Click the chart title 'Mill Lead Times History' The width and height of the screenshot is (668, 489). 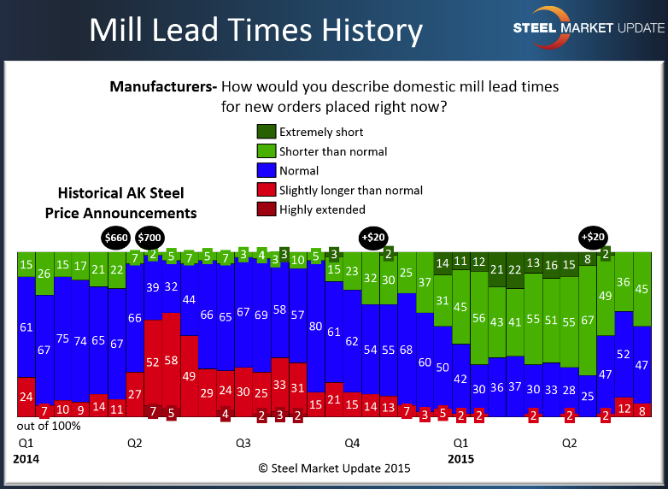point(256,31)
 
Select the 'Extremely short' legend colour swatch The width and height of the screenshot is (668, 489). point(266,132)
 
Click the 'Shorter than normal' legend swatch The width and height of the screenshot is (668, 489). point(266,151)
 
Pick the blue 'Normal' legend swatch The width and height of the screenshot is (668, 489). point(266,171)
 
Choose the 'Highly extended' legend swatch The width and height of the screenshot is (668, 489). point(266,209)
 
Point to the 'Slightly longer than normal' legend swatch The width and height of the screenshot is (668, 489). point(266,190)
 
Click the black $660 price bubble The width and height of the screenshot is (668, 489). point(116,237)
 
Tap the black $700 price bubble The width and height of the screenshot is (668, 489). point(149,237)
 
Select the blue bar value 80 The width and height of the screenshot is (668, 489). point(316,326)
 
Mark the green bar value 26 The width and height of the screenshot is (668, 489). point(44,274)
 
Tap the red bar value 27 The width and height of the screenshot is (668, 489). point(134,394)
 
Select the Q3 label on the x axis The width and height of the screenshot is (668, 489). point(243,444)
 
